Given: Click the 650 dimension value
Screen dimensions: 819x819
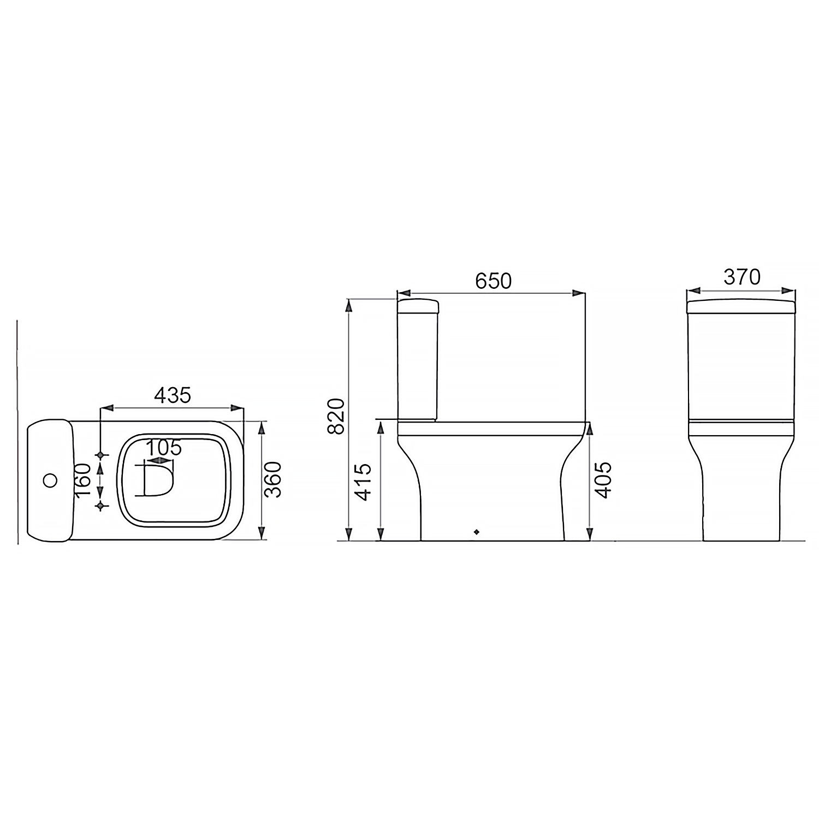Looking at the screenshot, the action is click(x=493, y=281).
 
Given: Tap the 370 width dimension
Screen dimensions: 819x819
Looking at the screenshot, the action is click(x=741, y=277).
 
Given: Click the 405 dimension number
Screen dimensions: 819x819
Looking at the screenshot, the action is click(x=603, y=480).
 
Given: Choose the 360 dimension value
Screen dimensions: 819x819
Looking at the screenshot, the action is click(x=272, y=479).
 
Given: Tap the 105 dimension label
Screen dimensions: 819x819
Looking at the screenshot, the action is click(x=164, y=448).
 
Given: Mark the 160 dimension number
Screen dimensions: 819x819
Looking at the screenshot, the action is click(x=82, y=480).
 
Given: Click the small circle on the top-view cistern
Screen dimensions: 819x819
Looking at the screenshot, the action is click(x=50, y=480).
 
